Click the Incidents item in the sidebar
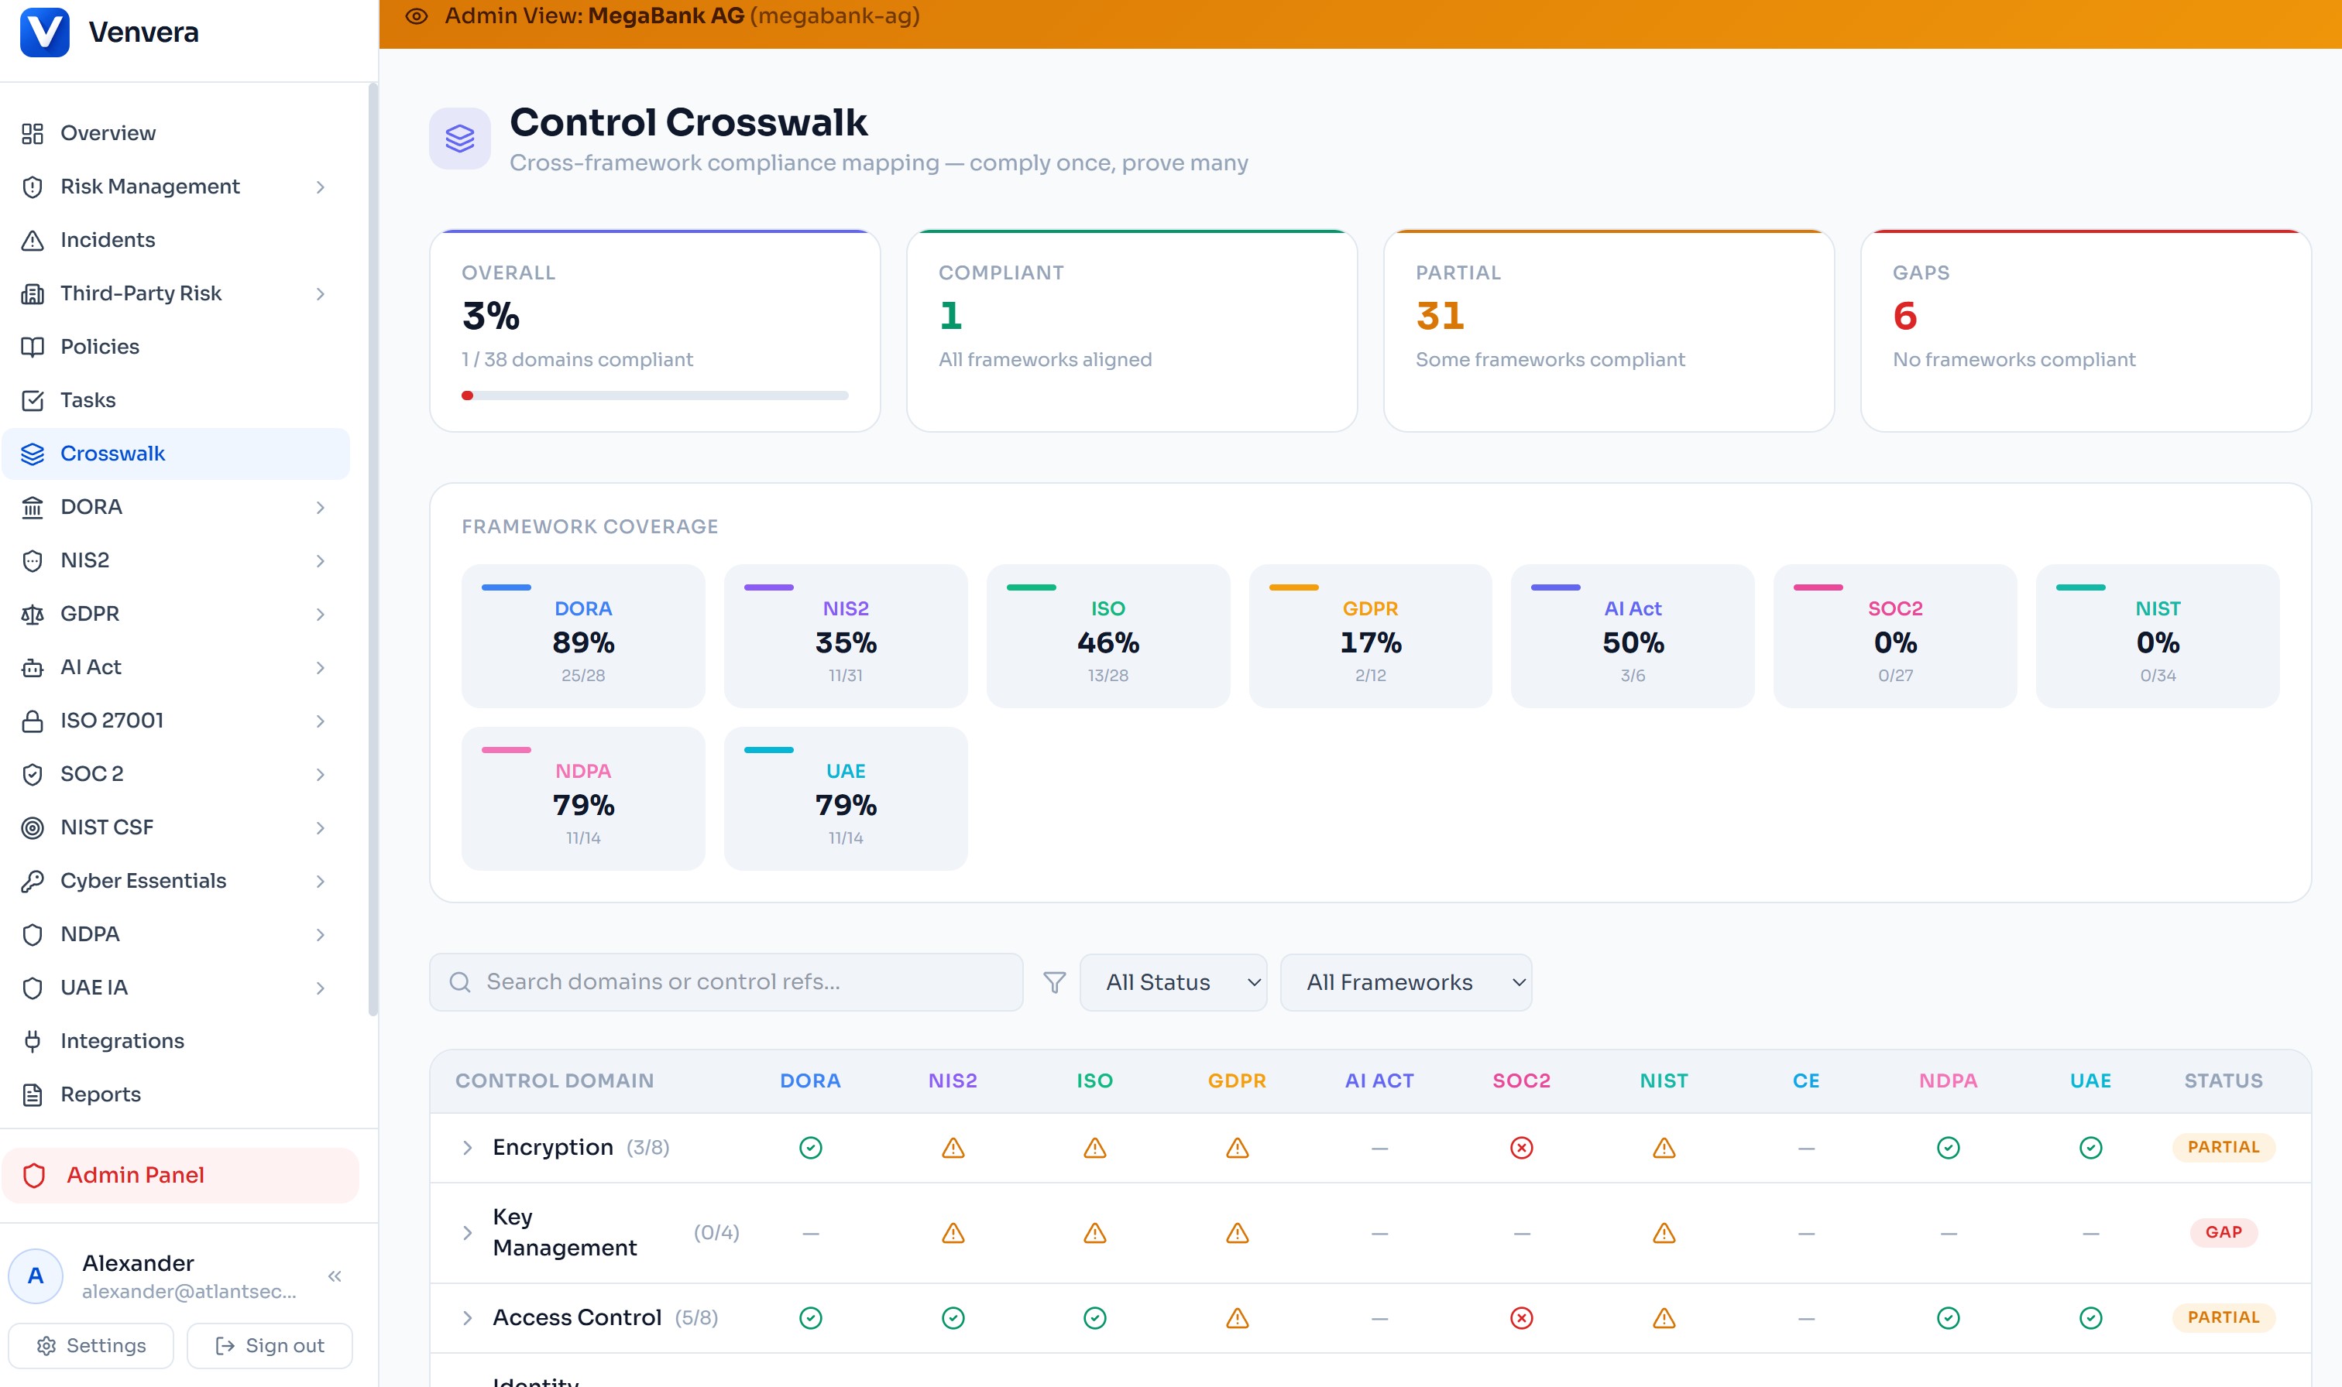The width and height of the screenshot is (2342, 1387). tap(108, 240)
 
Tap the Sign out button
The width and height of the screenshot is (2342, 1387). tap(270, 1345)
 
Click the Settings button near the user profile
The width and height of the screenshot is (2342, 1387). tap(91, 1345)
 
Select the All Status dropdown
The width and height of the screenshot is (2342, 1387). tap(1173, 982)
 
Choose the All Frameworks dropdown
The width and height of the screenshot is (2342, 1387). tap(1405, 982)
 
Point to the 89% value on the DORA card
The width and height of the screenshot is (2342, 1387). tap(582, 643)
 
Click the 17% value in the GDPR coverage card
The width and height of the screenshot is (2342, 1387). tap(1370, 643)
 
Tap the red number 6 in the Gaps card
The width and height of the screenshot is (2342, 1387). tap(1904, 317)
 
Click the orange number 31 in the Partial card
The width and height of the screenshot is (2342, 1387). tap(1440, 317)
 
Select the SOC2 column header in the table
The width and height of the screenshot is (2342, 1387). tap(1521, 1081)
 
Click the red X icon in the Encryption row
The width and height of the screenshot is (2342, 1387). tap(1521, 1148)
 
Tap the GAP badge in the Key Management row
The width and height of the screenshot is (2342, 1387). tap(2224, 1233)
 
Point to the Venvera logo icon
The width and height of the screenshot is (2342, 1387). tap(45, 32)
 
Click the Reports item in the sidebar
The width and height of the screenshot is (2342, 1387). tap(100, 1094)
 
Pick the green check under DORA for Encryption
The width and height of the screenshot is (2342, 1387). tap(811, 1148)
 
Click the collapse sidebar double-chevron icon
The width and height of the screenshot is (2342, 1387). tap(335, 1277)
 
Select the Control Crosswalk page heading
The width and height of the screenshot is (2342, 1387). tap(688, 122)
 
